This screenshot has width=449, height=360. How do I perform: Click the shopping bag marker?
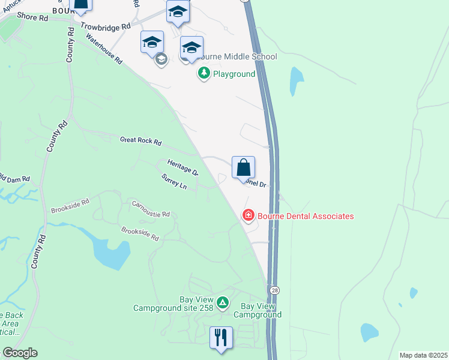point(243,167)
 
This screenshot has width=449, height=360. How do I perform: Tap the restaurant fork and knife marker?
point(221,337)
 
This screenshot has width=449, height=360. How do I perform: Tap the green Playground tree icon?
point(204,74)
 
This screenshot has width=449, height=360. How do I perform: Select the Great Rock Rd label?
point(141,142)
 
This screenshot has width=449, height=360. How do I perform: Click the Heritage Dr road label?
point(183,167)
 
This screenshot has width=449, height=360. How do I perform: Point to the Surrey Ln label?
point(174,181)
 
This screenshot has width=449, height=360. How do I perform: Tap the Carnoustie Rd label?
point(151,209)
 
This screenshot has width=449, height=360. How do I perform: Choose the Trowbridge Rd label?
point(105,26)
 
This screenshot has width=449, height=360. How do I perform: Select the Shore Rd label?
point(32,18)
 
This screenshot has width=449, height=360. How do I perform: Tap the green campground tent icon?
point(223,303)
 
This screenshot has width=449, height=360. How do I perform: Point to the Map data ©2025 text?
point(423,355)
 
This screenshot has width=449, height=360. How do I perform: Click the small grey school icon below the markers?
point(161,59)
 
